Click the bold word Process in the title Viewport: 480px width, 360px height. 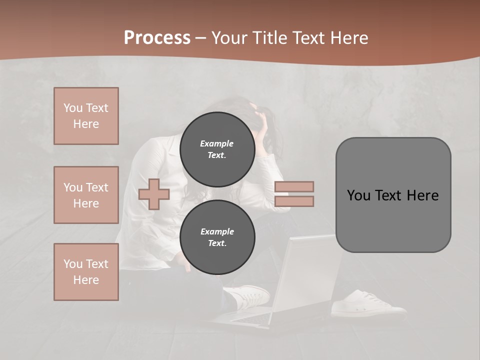[157, 38]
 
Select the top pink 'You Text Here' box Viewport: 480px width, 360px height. [86, 116]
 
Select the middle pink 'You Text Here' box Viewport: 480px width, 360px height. [86, 195]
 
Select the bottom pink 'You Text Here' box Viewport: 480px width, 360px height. [86, 272]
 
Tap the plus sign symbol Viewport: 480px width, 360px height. [154, 193]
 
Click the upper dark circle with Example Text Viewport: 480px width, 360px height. [217, 149]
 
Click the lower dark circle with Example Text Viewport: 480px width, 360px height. [217, 237]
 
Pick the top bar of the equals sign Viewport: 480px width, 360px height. [294, 186]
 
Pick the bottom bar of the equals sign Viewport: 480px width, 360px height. [294, 201]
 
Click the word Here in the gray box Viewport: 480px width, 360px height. [423, 195]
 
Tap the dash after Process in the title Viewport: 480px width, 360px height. [200, 38]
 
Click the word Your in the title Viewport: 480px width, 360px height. [231, 38]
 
